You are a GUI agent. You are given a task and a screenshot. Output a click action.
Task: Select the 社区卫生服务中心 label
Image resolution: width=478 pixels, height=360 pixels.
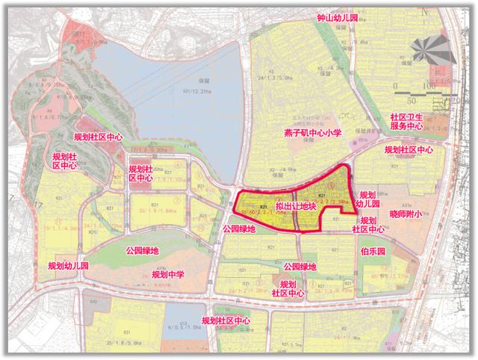tap(406, 122)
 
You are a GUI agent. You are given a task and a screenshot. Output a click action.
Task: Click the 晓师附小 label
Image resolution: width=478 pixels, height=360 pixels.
tap(406, 214)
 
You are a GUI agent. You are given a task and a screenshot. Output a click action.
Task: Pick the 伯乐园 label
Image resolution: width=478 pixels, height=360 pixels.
tap(373, 251)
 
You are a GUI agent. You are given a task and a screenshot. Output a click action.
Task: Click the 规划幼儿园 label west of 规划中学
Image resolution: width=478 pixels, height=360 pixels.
tap(68, 265)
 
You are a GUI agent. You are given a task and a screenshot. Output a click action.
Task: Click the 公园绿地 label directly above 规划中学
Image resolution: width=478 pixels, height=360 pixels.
tap(143, 251)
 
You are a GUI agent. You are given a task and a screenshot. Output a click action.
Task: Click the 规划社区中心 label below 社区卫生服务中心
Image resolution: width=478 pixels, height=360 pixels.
tap(408, 150)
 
